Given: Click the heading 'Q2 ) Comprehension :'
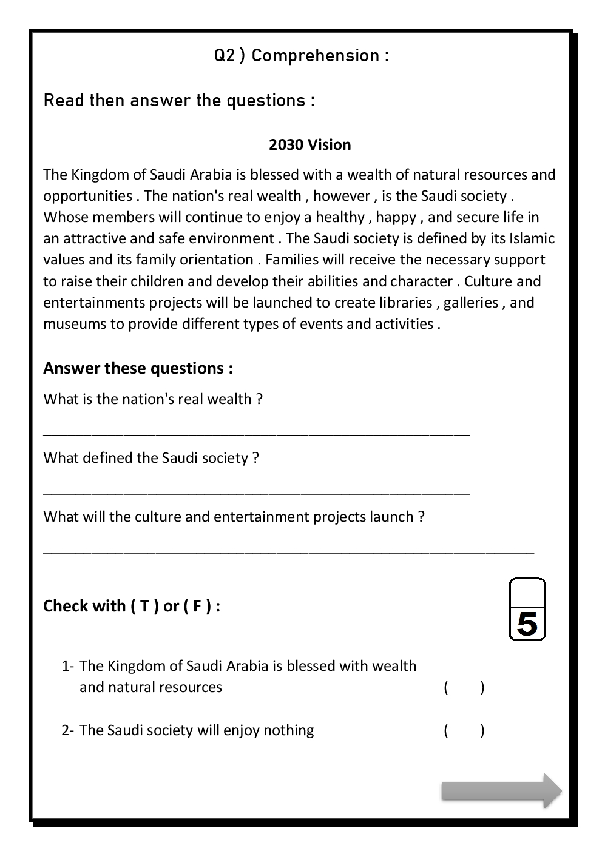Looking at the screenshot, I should tap(301, 56).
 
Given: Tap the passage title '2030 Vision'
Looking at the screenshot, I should tap(309, 145).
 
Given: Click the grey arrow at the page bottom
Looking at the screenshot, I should tap(501, 791).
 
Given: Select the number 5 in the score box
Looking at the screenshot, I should tap(527, 624).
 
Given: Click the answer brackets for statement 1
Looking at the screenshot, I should tap(464, 688).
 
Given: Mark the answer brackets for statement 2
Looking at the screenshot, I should tap(464, 730).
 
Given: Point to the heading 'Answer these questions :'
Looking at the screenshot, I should tap(138, 368).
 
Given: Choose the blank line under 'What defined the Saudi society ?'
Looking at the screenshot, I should tap(256, 492).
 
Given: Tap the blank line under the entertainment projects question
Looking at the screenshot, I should tap(288, 551).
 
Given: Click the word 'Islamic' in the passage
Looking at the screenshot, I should tap(532, 238).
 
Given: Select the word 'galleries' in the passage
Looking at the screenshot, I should tap(470, 303).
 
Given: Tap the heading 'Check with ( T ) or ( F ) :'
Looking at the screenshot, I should tap(132, 606).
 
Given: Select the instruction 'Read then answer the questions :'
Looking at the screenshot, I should tap(179, 101).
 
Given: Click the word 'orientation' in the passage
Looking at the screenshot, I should tap(220, 260).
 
